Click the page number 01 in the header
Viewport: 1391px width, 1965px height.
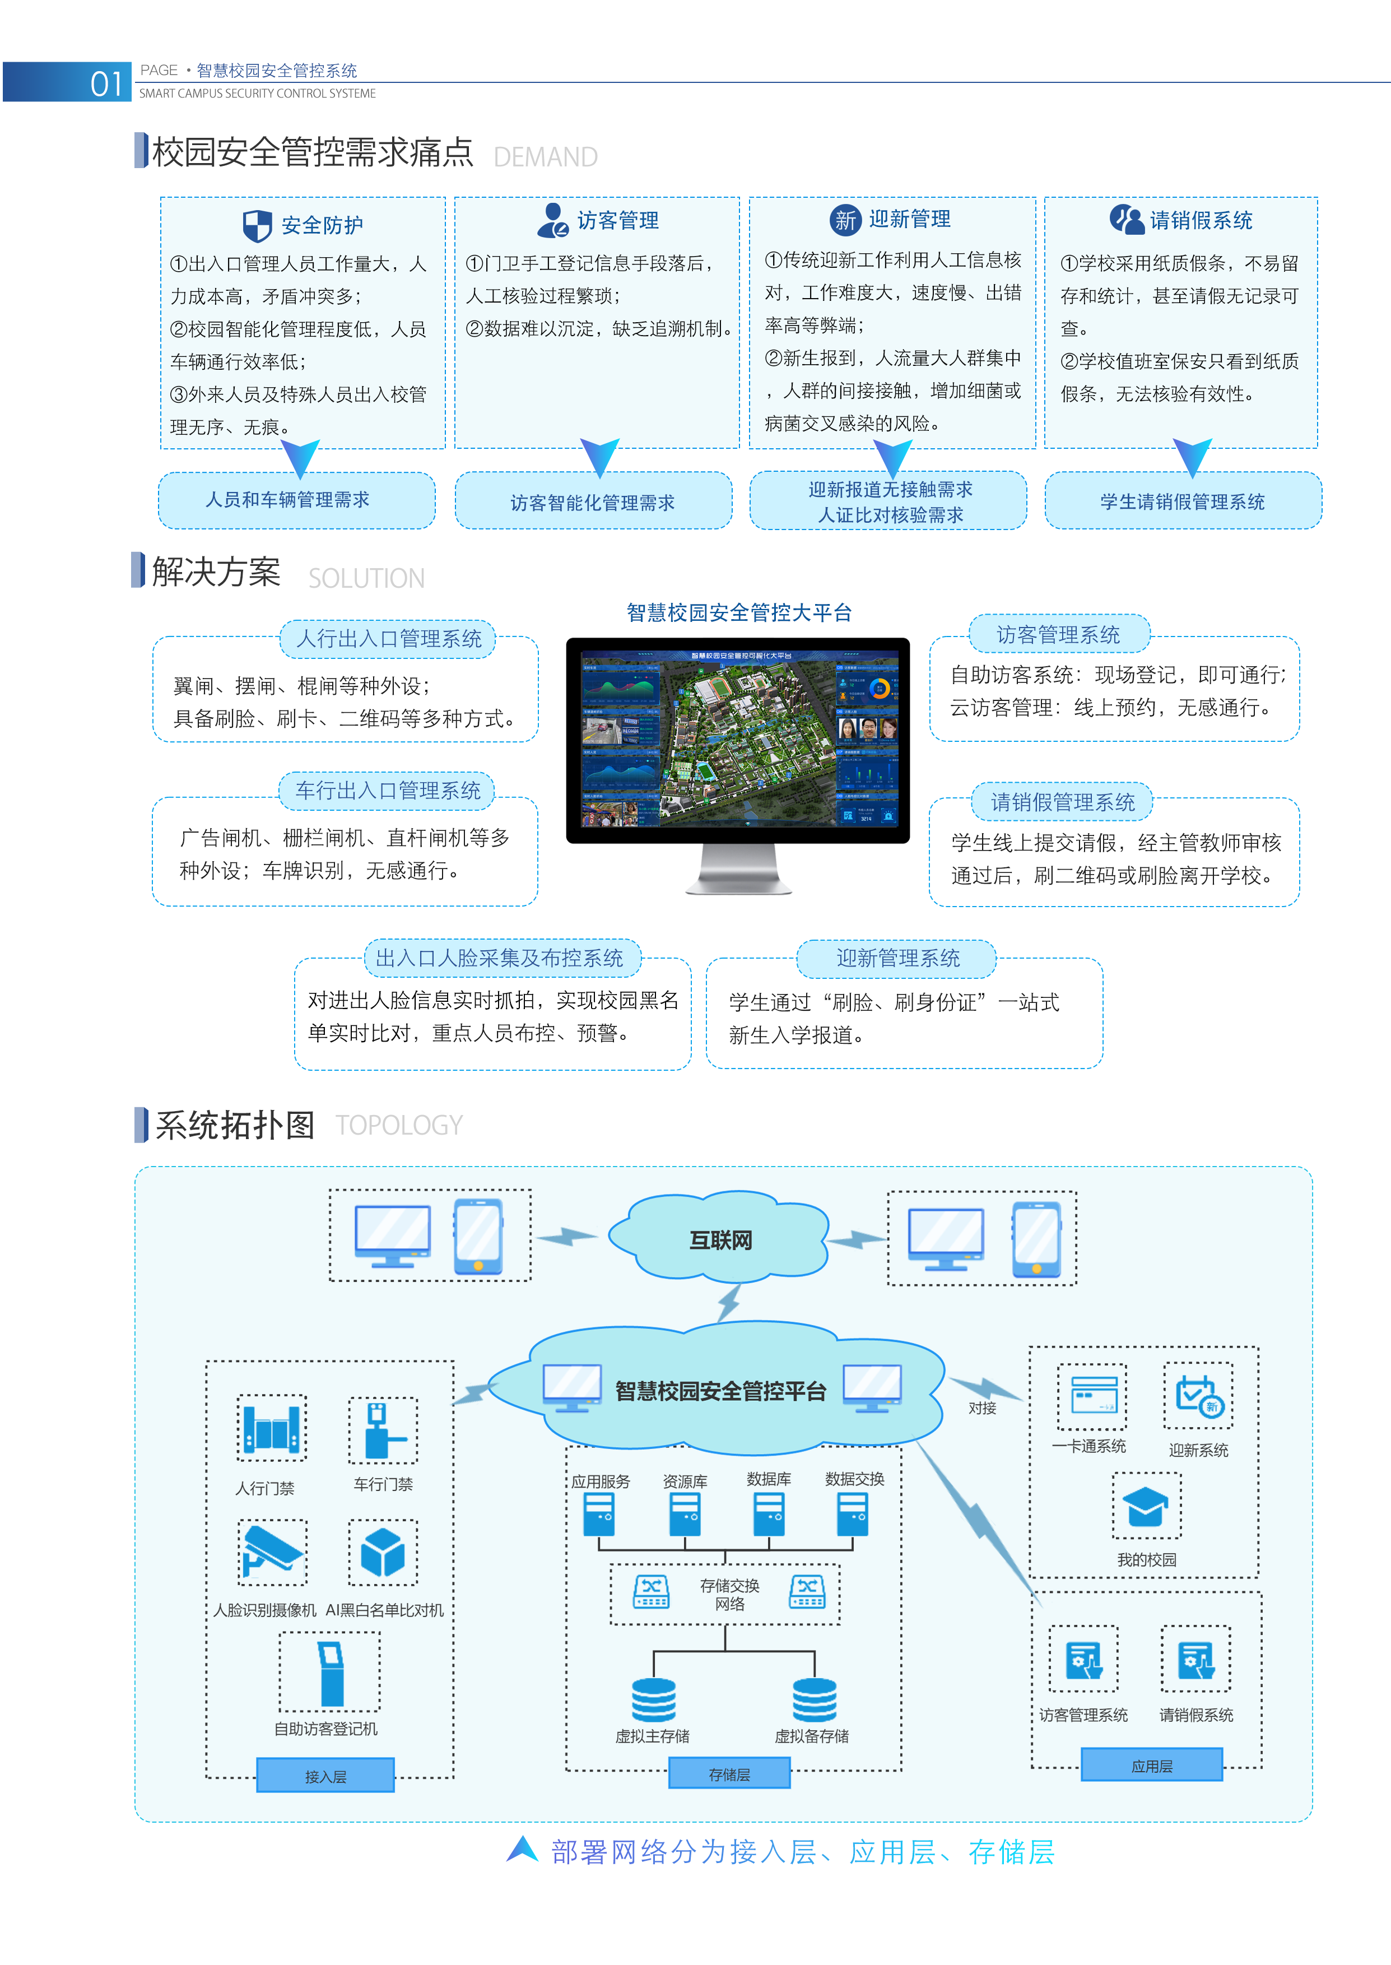pyautogui.click(x=106, y=83)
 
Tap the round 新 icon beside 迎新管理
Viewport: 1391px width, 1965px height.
pyautogui.click(x=845, y=220)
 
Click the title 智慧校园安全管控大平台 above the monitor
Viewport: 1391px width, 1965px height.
pyautogui.click(x=738, y=612)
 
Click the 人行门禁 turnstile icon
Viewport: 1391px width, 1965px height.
pyautogui.click(x=272, y=1428)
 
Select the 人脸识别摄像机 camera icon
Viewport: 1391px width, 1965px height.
pyautogui.click(x=272, y=1552)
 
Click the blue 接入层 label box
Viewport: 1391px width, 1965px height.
pyautogui.click(x=325, y=1776)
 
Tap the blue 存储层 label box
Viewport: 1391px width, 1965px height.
pyautogui.click(x=729, y=1774)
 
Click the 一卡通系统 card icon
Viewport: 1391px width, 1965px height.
pyautogui.click(x=1091, y=1397)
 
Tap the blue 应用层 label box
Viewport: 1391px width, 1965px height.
pyautogui.click(x=1151, y=1766)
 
